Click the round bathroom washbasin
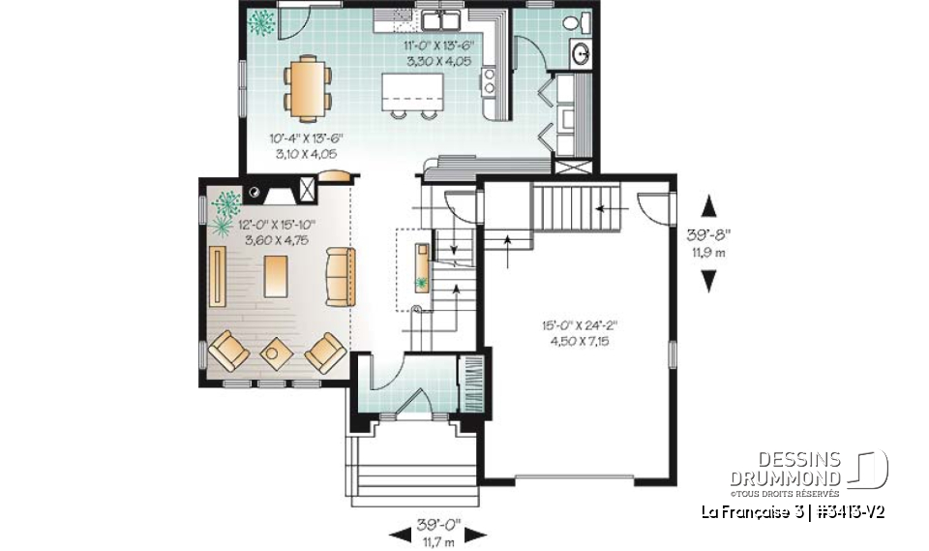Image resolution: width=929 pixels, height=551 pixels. coord(582,54)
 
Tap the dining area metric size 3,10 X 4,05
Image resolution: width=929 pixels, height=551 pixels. coord(306,153)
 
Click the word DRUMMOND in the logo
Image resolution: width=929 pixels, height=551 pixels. coord(787,478)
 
